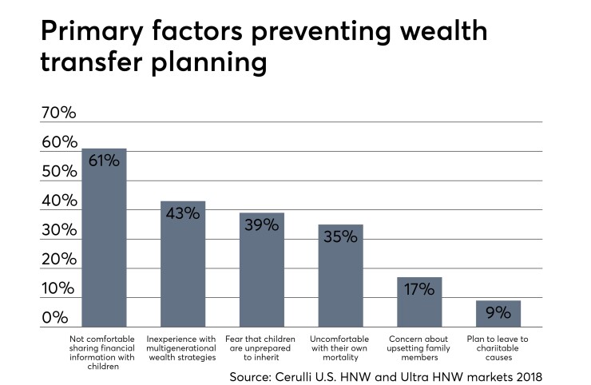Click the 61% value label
coord(105,161)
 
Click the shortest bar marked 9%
coord(498,313)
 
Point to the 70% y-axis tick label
coord(59,113)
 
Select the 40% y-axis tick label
coord(59,200)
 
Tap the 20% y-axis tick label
coord(59,260)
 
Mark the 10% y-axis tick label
coord(59,288)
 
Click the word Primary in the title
coord(93,34)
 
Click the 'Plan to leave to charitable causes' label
coord(498,343)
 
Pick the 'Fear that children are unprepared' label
coord(262,343)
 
